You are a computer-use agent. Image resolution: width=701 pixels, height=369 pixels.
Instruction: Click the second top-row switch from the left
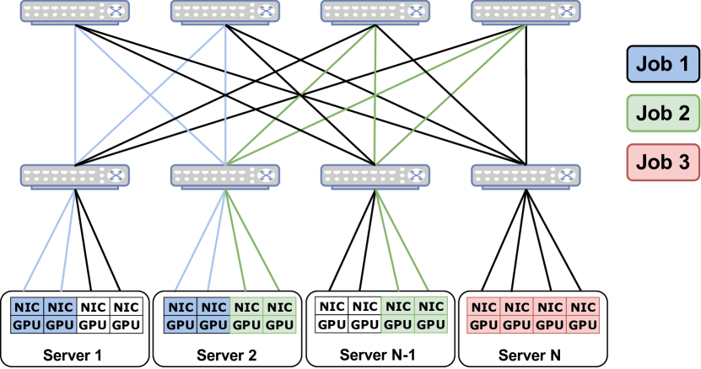(226, 11)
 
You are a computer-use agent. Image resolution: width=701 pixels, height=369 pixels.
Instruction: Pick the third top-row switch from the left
(375, 11)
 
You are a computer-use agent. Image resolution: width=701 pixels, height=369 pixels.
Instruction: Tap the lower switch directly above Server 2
(226, 176)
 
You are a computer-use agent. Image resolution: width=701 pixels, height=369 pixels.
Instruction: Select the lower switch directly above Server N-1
(375, 176)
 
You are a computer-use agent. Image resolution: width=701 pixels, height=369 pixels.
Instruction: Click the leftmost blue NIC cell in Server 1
(26, 307)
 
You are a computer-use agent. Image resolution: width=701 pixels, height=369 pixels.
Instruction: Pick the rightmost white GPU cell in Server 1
(127, 324)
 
